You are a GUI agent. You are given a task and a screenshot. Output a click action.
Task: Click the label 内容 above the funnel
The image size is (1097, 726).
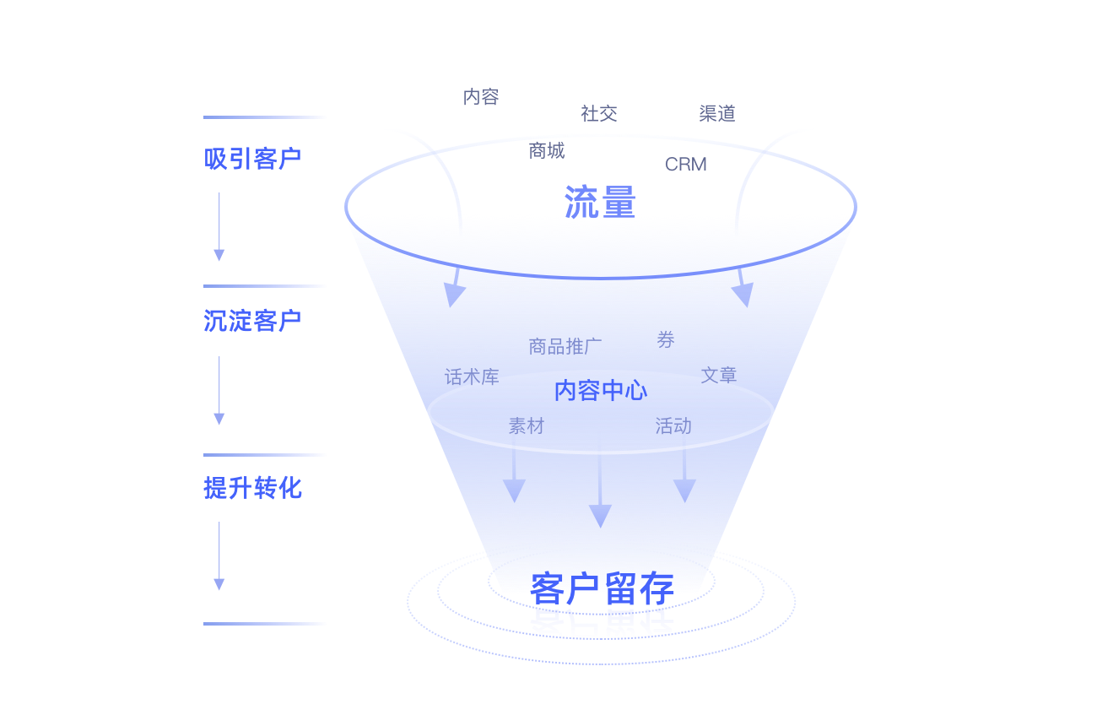pyautogui.click(x=481, y=96)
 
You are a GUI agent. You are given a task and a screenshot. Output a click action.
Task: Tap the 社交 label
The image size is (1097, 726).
pyautogui.click(x=599, y=113)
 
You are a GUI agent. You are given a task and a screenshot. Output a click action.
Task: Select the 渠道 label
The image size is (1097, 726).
pyautogui.click(x=717, y=113)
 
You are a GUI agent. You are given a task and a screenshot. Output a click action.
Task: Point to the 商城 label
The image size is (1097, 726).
pyautogui.click(x=547, y=151)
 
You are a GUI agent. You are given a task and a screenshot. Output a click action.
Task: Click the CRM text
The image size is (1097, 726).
pyautogui.click(x=685, y=165)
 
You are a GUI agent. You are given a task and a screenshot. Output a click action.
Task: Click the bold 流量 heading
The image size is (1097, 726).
pyautogui.click(x=600, y=203)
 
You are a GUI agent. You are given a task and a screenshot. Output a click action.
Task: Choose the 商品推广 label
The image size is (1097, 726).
pyautogui.click(x=565, y=346)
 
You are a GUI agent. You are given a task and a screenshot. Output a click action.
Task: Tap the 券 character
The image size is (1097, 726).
pyautogui.click(x=666, y=340)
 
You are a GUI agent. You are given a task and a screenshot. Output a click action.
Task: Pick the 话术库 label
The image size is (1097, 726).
pyautogui.click(x=472, y=377)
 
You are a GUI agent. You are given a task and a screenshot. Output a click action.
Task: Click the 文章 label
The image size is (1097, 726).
pyautogui.click(x=719, y=375)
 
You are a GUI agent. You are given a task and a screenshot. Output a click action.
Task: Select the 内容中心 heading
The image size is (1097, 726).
pyautogui.click(x=601, y=391)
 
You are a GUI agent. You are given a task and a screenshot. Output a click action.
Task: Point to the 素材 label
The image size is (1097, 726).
pyautogui.click(x=527, y=426)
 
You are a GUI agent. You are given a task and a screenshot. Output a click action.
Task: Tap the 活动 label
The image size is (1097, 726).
pyautogui.click(x=673, y=426)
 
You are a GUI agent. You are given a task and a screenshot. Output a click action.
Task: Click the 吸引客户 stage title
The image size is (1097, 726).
pyautogui.click(x=252, y=159)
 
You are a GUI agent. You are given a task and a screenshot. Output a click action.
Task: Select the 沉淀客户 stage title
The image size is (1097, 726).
pyautogui.click(x=252, y=321)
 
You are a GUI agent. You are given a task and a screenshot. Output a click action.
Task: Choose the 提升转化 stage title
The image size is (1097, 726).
pyautogui.click(x=252, y=488)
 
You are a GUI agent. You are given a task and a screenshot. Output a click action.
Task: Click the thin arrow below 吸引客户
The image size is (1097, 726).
pyautogui.click(x=219, y=226)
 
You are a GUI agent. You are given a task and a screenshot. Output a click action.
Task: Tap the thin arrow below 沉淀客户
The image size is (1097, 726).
pyautogui.click(x=219, y=390)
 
